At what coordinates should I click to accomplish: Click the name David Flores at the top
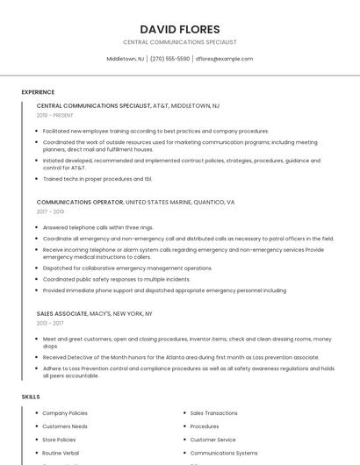point(179,29)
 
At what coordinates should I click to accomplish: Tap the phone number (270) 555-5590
point(169,59)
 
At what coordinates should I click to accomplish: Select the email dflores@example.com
point(224,59)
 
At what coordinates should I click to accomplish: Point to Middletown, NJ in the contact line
point(126,59)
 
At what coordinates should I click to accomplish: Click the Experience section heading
point(38,92)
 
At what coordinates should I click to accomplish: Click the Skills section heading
point(31,397)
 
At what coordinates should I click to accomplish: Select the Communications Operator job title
point(80,202)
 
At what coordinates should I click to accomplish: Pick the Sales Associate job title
point(61,313)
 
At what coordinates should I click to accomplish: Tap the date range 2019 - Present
point(54,115)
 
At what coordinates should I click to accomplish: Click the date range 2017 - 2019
point(50,211)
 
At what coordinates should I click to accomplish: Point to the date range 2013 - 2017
point(49,323)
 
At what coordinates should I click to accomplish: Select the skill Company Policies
point(65,412)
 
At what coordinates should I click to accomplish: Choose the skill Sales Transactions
point(213,412)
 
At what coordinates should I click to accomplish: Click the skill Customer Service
point(212,440)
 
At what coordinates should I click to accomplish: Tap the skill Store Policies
point(59,440)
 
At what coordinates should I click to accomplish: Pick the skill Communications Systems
point(224,453)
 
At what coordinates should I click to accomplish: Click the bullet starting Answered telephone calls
point(97,227)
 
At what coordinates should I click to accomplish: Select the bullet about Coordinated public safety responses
point(116,279)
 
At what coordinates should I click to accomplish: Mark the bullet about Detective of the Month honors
point(180,357)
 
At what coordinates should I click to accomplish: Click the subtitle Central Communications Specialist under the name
point(179,41)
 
